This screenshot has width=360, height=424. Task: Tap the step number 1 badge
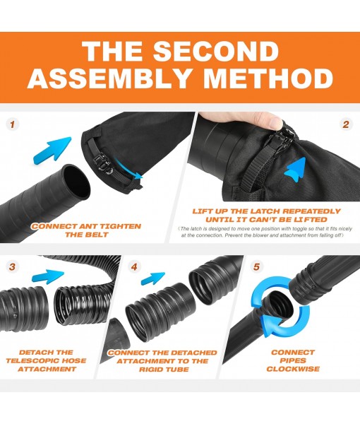[x=13, y=124]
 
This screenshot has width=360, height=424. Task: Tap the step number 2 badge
[x=346, y=124]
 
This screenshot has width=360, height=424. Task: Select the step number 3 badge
[x=13, y=266]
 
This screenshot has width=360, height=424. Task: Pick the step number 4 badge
[x=135, y=266]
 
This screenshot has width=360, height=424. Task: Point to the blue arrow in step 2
[x=299, y=170]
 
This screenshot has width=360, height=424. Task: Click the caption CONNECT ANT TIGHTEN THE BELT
[x=85, y=230]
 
